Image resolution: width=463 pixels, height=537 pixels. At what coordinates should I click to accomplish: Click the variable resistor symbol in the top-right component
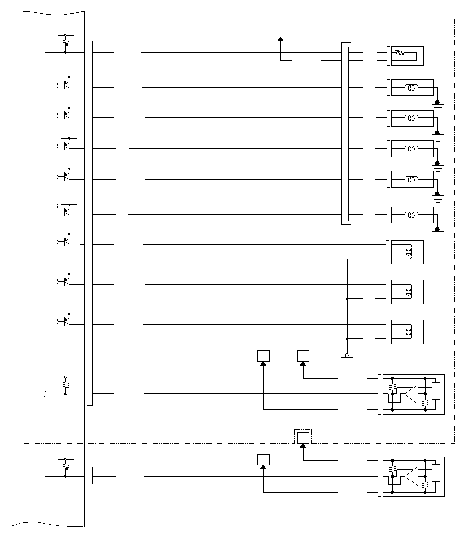(x=400, y=52)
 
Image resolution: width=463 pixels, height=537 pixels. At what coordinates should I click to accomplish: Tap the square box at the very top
(x=281, y=32)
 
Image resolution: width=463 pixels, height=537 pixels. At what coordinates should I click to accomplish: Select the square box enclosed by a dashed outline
(x=303, y=438)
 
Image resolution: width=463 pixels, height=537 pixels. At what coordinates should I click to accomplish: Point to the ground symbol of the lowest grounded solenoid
(x=438, y=233)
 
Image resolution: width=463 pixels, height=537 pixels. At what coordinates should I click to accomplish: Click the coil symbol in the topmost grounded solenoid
(x=412, y=88)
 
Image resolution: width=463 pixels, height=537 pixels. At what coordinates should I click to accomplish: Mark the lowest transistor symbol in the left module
(x=66, y=320)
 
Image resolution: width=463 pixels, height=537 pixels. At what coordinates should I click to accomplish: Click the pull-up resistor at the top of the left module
(x=65, y=43)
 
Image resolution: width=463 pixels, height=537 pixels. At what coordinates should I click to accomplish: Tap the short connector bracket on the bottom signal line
(x=90, y=476)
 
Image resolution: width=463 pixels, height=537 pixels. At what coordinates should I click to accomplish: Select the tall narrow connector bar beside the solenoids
(x=346, y=134)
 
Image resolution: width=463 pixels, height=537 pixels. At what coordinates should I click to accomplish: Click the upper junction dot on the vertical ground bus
(x=347, y=299)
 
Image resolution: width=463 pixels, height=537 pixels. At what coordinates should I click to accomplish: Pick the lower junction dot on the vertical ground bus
(x=347, y=339)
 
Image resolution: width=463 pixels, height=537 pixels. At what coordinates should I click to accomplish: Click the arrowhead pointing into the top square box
(x=281, y=40)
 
